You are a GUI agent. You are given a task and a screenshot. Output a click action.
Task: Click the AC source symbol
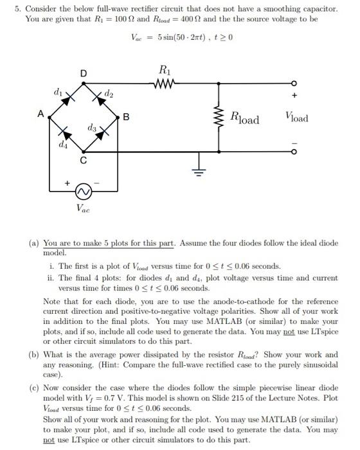click(81, 191)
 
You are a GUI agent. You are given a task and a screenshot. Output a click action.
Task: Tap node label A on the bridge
click(40, 113)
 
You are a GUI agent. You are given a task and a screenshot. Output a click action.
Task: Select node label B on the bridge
click(126, 117)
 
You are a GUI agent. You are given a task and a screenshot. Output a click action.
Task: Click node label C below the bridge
click(83, 161)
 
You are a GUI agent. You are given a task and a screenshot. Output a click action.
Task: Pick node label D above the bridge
click(82, 72)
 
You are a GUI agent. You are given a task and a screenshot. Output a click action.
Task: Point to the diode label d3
click(93, 130)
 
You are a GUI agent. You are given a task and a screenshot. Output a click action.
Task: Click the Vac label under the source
click(83, 208)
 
